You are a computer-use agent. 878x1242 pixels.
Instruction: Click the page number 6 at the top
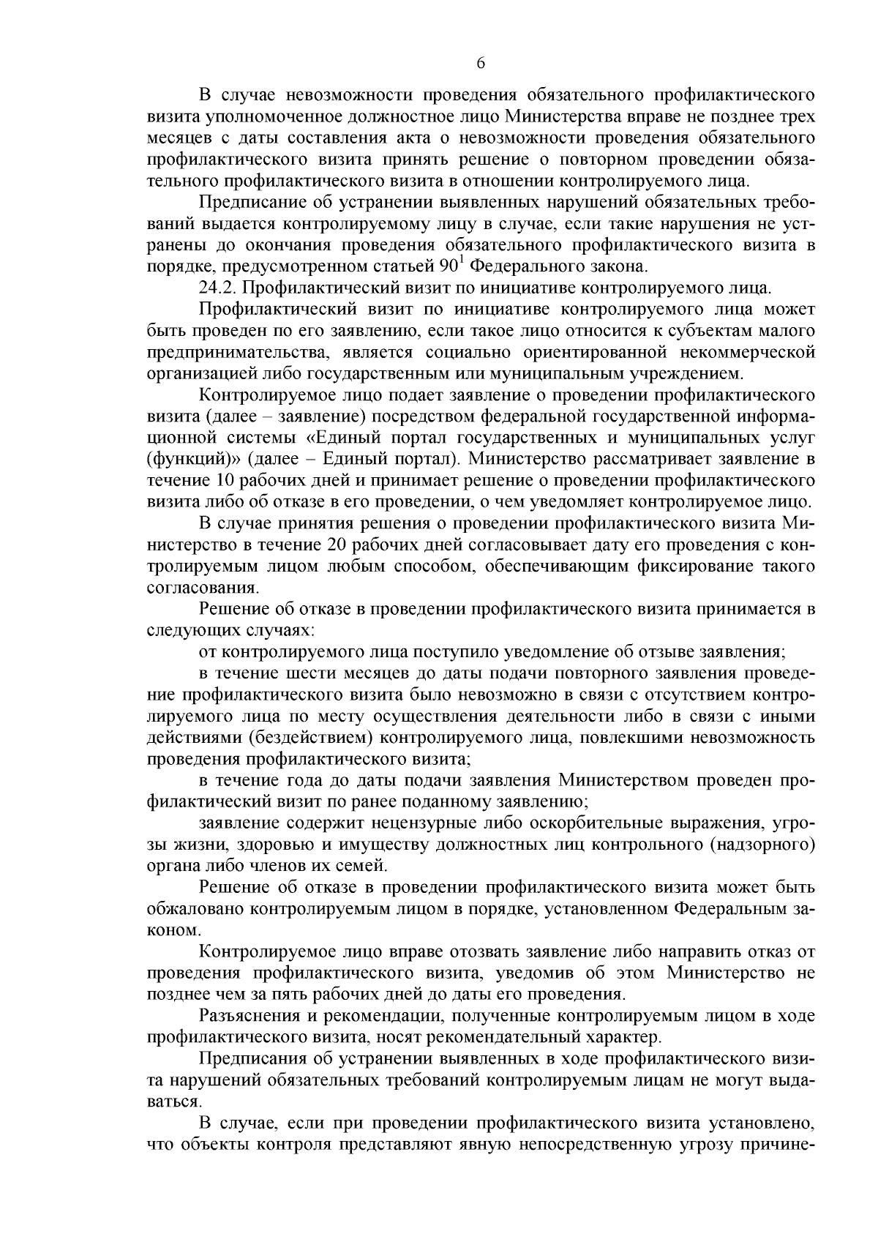point(481,64)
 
